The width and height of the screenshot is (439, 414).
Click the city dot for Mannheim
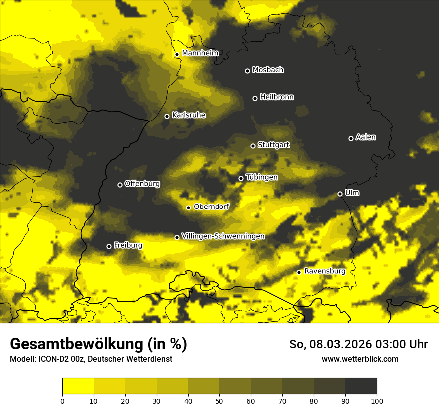point(177,55)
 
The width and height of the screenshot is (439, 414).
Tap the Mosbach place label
point(268,70)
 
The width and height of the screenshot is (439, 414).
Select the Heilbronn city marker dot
point(255,98)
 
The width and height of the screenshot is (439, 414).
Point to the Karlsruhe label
point(189,115)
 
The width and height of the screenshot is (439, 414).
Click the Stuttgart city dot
point(253,146)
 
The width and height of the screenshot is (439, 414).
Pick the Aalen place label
point(366,137)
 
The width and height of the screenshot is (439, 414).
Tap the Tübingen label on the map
point(262,177)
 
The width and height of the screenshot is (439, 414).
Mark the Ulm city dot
point(340,194)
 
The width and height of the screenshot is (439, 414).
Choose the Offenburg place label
point(142,184)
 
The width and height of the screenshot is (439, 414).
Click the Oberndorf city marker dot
point(188,207)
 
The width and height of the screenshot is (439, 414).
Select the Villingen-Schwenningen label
point(223,236)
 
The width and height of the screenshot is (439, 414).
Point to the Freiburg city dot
point(109,246)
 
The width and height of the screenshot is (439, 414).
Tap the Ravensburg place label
point(325,271)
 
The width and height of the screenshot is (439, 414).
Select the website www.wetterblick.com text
point(360,359)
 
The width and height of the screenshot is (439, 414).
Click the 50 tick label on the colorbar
point(219,401)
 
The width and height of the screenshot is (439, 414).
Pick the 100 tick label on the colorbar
point(377,401)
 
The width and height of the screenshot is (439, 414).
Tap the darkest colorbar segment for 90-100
point(361,386)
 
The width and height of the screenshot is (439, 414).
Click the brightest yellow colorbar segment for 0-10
point(78,386)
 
